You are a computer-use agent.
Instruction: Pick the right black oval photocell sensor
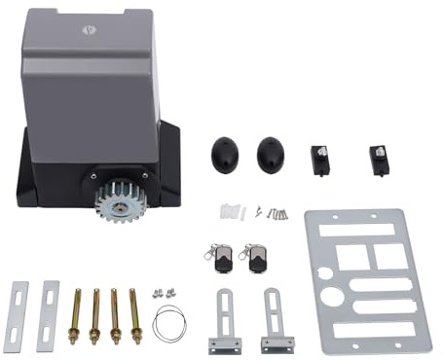[271, 153]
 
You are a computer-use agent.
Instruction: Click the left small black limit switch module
[317, 160]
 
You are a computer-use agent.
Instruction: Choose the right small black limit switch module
[378, 160]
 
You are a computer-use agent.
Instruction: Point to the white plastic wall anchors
[230, 210]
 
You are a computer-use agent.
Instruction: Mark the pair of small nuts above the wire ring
[164, 291]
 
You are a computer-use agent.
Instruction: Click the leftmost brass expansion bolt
[73, 314]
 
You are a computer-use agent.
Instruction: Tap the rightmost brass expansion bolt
[134, 313]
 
